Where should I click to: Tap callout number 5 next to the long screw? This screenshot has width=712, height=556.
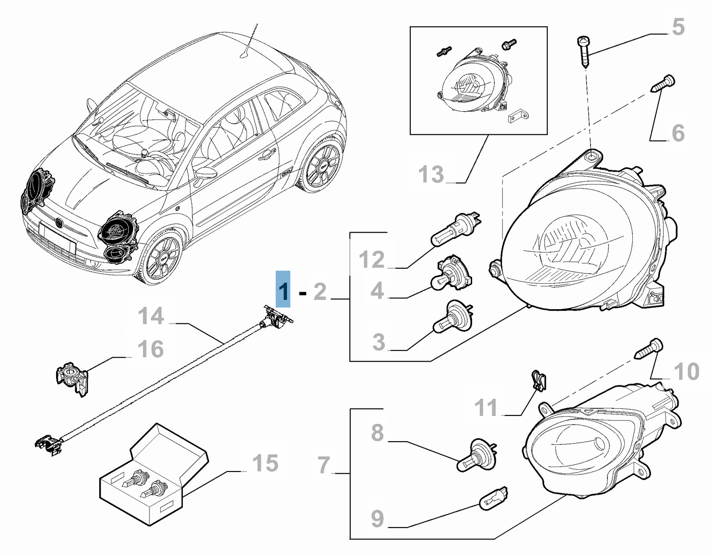[x=677, y=28]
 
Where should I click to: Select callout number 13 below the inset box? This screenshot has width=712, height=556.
[x=431, y=174]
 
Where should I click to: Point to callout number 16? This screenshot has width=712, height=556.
[x=151, y=349]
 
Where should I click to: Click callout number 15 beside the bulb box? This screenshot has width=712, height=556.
[x=265, y=463]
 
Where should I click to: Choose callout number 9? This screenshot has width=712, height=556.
[x=377, y=519]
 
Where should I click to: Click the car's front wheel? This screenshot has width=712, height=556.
[x=163, y=258]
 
